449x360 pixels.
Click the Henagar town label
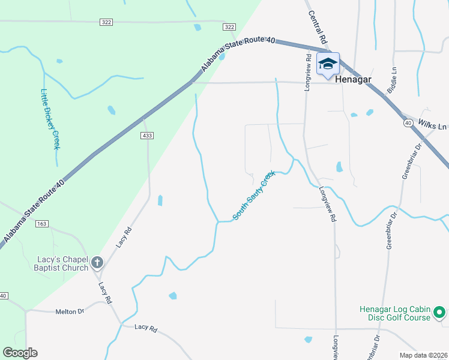pos(354,79)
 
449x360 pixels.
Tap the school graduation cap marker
pos(328,64)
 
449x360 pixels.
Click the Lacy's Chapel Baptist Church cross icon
pos(97,262)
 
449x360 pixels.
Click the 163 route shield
pos(41,224)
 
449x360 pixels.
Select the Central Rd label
pos(318,26)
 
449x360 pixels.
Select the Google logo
pos(20,353)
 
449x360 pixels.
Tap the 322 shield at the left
pos(106,22)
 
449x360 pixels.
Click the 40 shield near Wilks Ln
pos(407,123)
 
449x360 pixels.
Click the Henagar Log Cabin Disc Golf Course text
pos(395,313)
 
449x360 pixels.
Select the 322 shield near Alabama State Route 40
pos(229,27)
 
